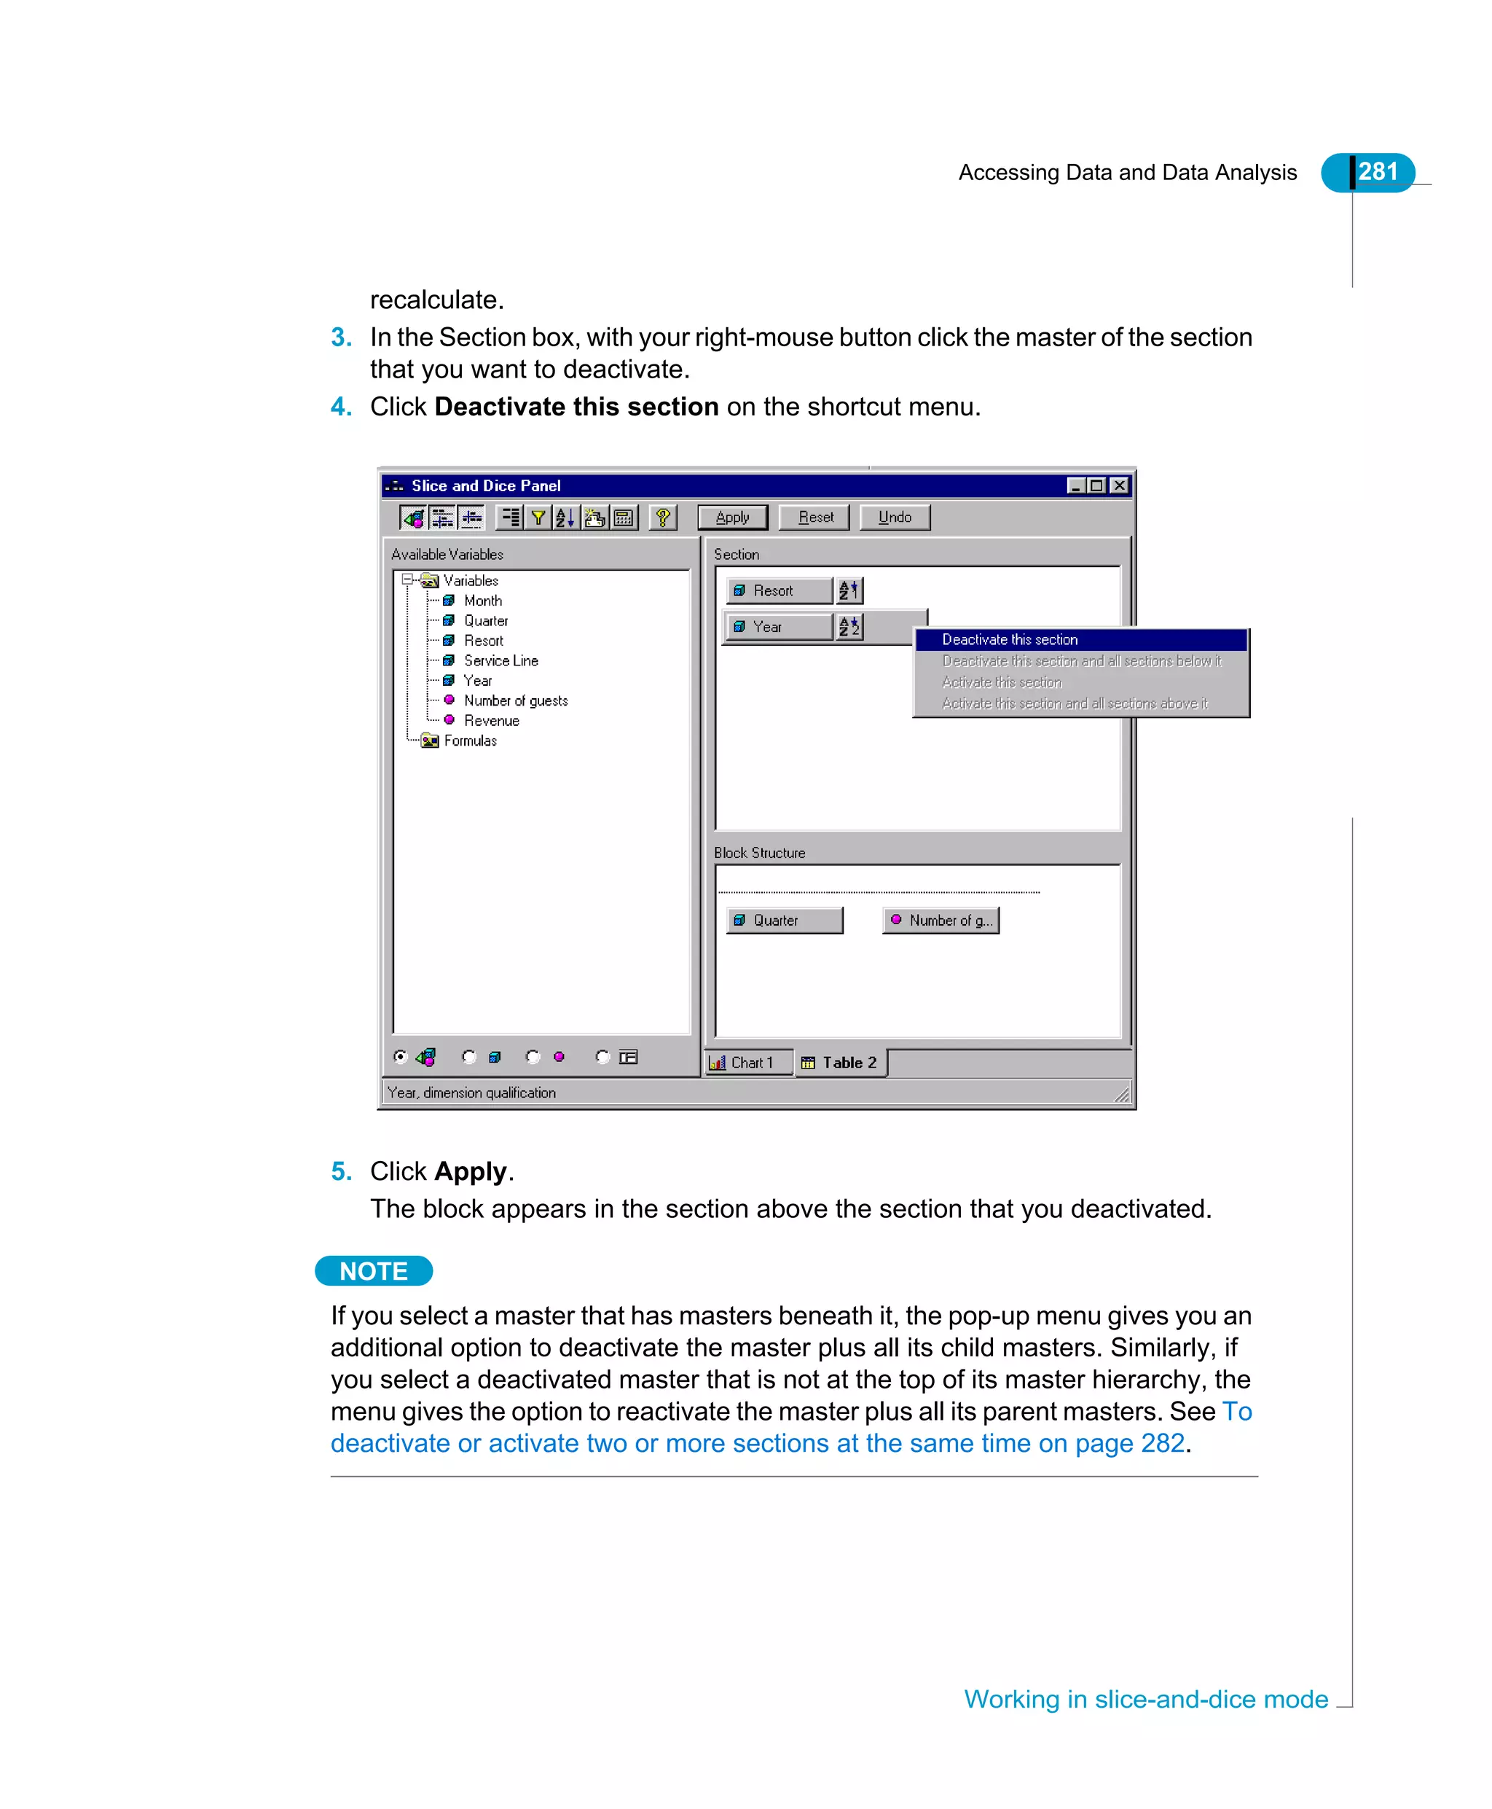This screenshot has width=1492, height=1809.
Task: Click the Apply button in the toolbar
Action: [x=732, y=517]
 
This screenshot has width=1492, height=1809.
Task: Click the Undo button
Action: [x=894, y=517]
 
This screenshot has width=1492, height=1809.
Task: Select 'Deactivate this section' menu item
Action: [x=1009, y=640]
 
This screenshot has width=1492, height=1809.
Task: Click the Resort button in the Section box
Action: [x=779, y=590]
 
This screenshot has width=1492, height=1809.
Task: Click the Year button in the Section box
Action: [x=779, y=627]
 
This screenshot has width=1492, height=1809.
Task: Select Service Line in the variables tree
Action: [x=500, y=660]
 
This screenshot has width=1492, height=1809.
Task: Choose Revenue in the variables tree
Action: [x=491, y=721]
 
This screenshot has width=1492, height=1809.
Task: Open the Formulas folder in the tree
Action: [x=469, y=741]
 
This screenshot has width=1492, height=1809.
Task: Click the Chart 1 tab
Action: [x=747, y=1063]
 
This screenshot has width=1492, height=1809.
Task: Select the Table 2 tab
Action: [x=842, y=1063]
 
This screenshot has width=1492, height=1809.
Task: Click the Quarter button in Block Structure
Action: [x=784, y=920]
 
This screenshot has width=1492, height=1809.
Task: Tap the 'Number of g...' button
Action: [x=941, y=920]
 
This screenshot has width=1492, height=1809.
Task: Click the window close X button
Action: [x=1120, y=486]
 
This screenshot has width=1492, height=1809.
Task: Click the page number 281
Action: [x=1377, y=172]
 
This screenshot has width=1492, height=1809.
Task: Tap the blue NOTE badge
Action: [x=374, y=1271]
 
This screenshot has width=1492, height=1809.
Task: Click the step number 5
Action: [x=340, y=1171]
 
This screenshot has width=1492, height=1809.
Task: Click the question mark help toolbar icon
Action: [x=663, y=517]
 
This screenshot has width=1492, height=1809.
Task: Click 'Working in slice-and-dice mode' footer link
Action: [x=1146, y=1699]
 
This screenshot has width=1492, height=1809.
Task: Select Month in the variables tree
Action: [x=482, y=600]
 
